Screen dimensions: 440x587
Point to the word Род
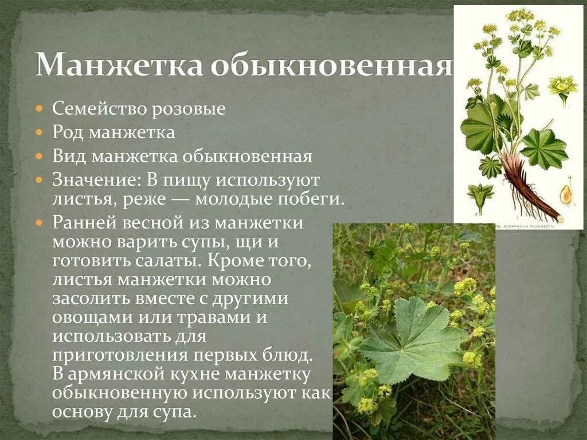tap(68, 133)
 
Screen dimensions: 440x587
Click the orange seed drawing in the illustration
tap(566, 193)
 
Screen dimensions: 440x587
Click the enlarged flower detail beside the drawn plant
tap(563, 87)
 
